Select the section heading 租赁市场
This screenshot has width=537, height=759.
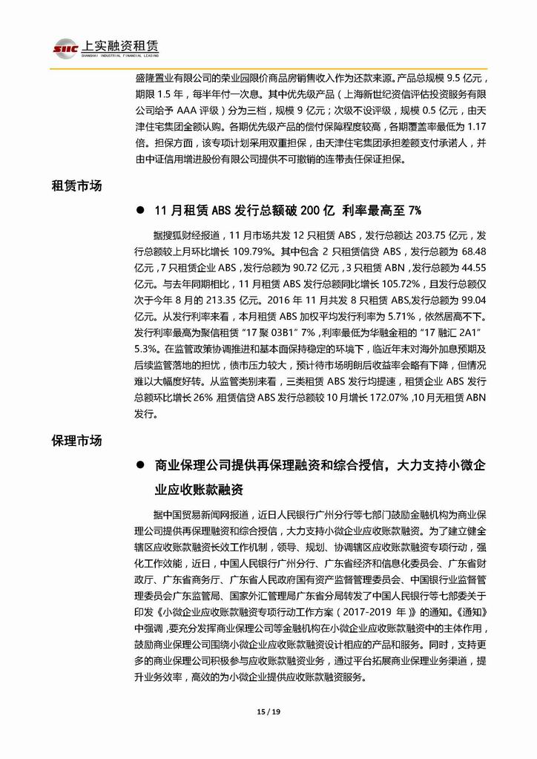(x=77, y=186)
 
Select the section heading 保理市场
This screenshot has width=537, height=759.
(x=77, y=440)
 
